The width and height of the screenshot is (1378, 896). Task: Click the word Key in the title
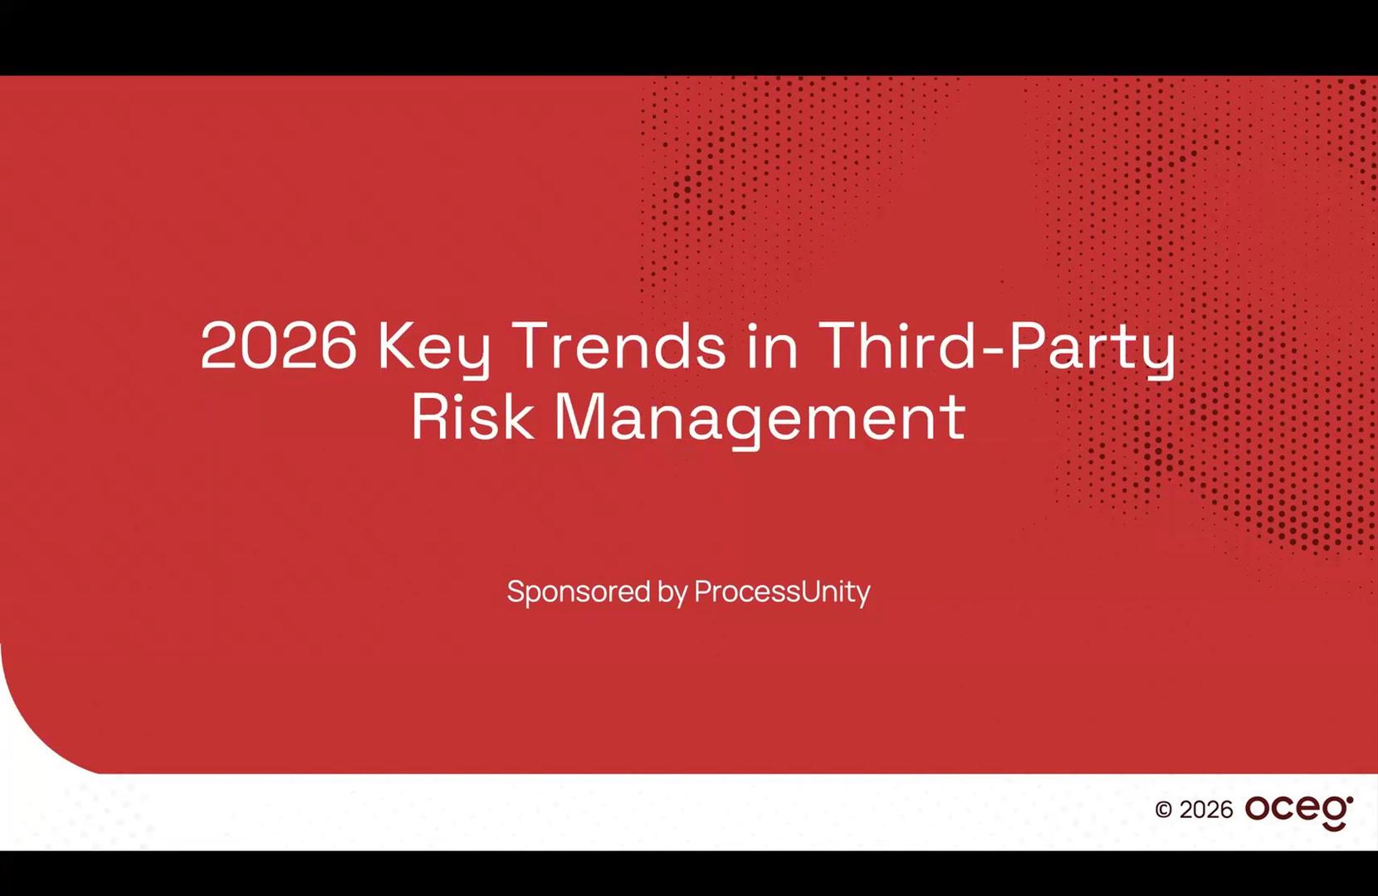pyautogui.click(x=434, y=348)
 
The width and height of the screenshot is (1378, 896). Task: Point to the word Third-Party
pyautogui.click(x=997, y=348)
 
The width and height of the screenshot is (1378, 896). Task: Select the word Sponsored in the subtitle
pyautogui.click(x=579, y=593)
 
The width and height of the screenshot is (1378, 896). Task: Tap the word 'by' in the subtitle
pyautogui.click(x=672, y=593)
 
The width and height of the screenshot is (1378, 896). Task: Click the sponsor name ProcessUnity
pyautogui.click(x=783, y=593)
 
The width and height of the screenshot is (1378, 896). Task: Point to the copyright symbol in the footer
pyautogui.click(x=1163, y=809)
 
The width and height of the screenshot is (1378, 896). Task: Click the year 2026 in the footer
pyautogui.click(x=1205, y=809)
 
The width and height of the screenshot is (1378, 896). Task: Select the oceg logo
pyautogui.click(x=1299, y=812)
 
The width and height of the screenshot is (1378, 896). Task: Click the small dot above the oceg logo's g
pyautogui.click(x=1349, y=800)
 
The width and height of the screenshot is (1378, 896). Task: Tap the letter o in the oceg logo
pyautogui.click(x=1259, y=809)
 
